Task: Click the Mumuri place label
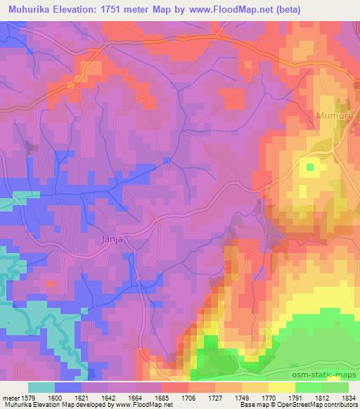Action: (x=327, y=112)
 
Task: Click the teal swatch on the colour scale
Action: (x=41, y=387)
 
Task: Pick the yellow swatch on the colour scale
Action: (x=282, y=387)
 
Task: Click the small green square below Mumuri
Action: (x=310, y=167)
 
